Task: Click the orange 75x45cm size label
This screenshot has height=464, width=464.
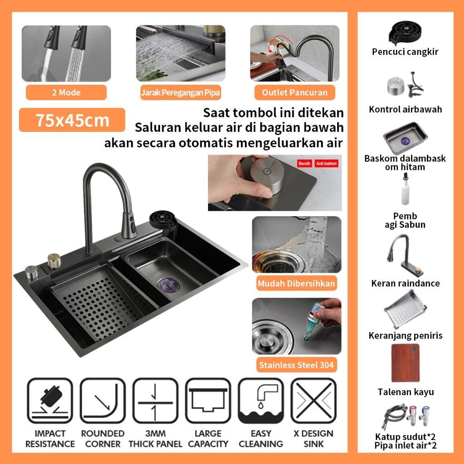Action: point(72,120)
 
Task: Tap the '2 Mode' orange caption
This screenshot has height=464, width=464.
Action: point(66,92)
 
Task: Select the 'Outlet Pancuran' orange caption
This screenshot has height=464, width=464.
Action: point(295,92)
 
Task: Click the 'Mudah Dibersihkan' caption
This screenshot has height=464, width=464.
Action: point(296,284)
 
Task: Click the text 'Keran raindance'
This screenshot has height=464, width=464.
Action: point(406,283)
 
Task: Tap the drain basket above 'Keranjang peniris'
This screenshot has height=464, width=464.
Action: point(406,310)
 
